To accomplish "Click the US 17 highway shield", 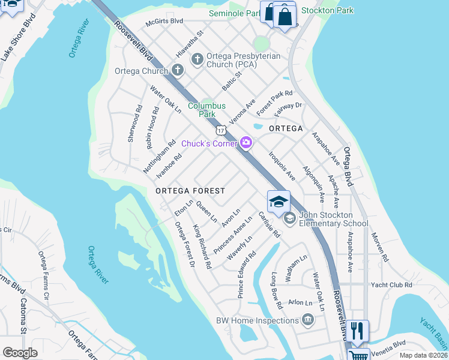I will pos(221,130).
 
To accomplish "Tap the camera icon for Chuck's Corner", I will pos(246,142).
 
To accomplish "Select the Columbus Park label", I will pos(206,109).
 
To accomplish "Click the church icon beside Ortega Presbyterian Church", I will pos(197,59).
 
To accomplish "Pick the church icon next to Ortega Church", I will pos(176,71).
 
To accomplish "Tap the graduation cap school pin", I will pos(279,202).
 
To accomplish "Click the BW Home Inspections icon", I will pos(309,320).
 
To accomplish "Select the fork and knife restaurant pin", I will pos(357,330).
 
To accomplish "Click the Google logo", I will pos(20,353).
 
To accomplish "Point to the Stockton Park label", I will pos(328,10).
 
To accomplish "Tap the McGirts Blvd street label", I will pos(164,21).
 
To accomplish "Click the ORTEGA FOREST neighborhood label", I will pos(190,191).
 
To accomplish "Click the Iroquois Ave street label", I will pos(282,166).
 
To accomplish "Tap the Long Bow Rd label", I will pos(277,291).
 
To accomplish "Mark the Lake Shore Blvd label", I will pos(17,37).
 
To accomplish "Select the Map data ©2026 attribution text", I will pos(423,355).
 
